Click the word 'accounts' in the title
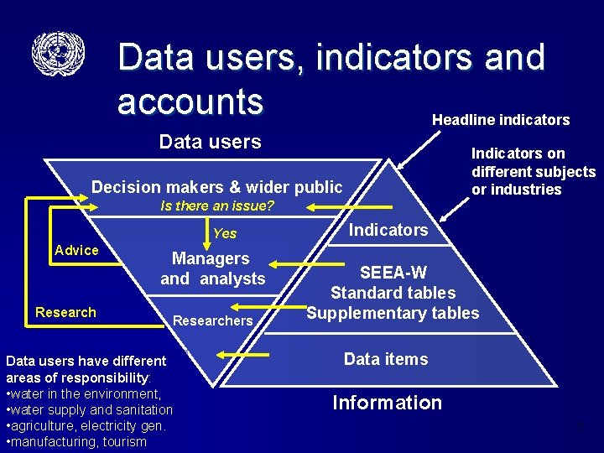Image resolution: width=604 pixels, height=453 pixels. pos(190,101)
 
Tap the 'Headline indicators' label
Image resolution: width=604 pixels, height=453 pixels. pos(501,120)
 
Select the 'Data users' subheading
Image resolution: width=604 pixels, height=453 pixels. pos(210,142)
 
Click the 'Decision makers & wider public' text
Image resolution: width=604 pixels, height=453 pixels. pos(216,186)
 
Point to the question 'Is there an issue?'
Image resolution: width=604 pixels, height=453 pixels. pos(217,206)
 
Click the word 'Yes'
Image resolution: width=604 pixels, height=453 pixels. pos(225,233)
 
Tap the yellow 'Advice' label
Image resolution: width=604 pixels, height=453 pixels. pos(76,250)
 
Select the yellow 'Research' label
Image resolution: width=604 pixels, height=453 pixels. pos(65,312)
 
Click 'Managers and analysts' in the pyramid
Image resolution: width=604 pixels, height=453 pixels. pos(212,268)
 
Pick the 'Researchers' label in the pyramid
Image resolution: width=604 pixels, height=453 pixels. pos(212,320)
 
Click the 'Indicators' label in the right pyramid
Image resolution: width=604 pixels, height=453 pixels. pos(388,230)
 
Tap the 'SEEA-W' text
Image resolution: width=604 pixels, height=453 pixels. pos(393,273)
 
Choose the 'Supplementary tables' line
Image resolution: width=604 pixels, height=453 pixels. pos(393,313)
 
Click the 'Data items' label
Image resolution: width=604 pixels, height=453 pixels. pos(386,359)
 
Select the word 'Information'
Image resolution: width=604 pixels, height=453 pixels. pos(387,403)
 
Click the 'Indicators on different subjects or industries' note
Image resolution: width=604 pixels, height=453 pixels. pos(533,171)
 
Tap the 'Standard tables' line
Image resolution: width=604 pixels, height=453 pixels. pos(393,293)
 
